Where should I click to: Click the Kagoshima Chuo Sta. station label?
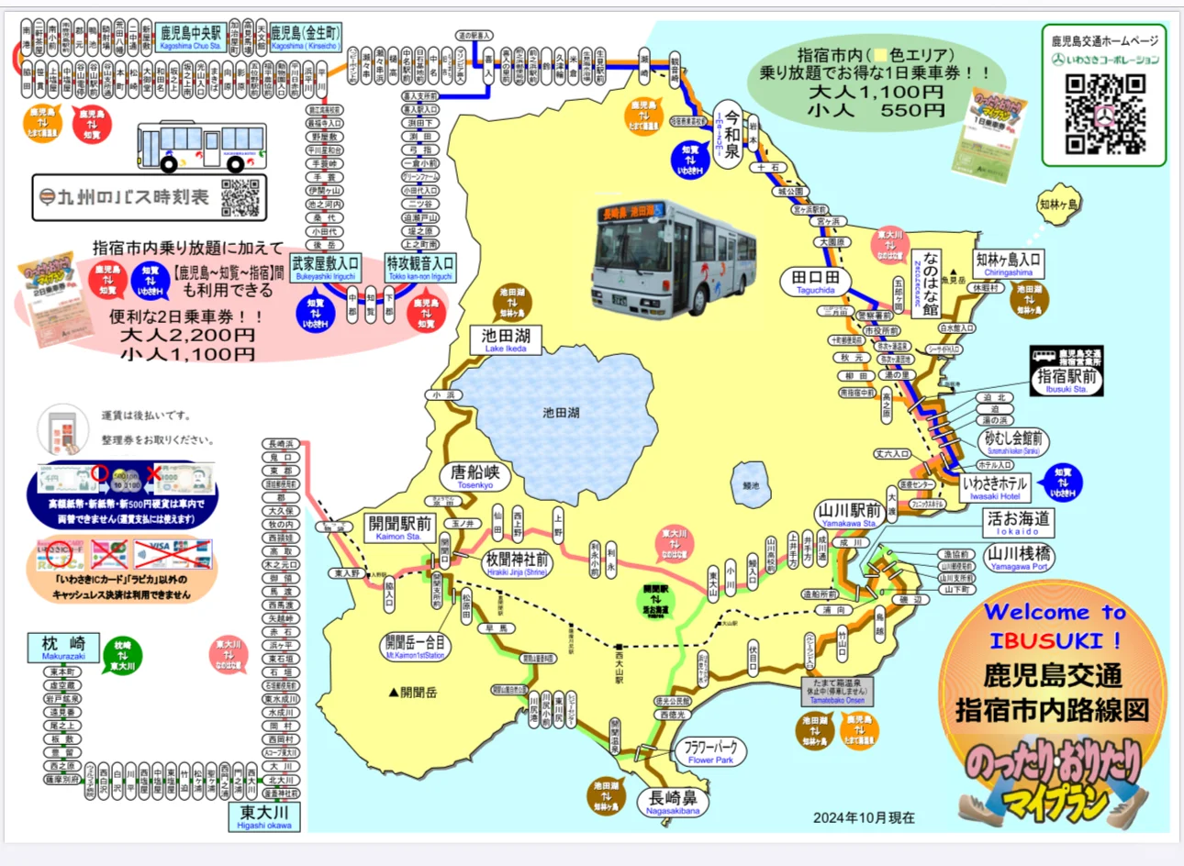[191, 38]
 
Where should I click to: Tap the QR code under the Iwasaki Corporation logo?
[1105, 113]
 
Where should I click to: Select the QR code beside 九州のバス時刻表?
[240, 197]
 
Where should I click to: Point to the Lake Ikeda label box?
[505, 339]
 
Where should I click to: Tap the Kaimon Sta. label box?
[399, 527]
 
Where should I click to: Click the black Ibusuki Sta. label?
[1067, 379]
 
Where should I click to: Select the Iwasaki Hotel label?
[995, 486]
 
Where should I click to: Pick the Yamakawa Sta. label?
[849, 515]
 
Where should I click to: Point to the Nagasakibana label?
[673, 803]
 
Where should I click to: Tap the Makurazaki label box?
[62, 647]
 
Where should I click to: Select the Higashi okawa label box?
[264, 816]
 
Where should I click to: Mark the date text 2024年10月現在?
[864, 817]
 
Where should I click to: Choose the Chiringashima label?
[1008, 263]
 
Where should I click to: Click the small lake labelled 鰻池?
[752, 484]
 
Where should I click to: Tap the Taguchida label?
[815, 281]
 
